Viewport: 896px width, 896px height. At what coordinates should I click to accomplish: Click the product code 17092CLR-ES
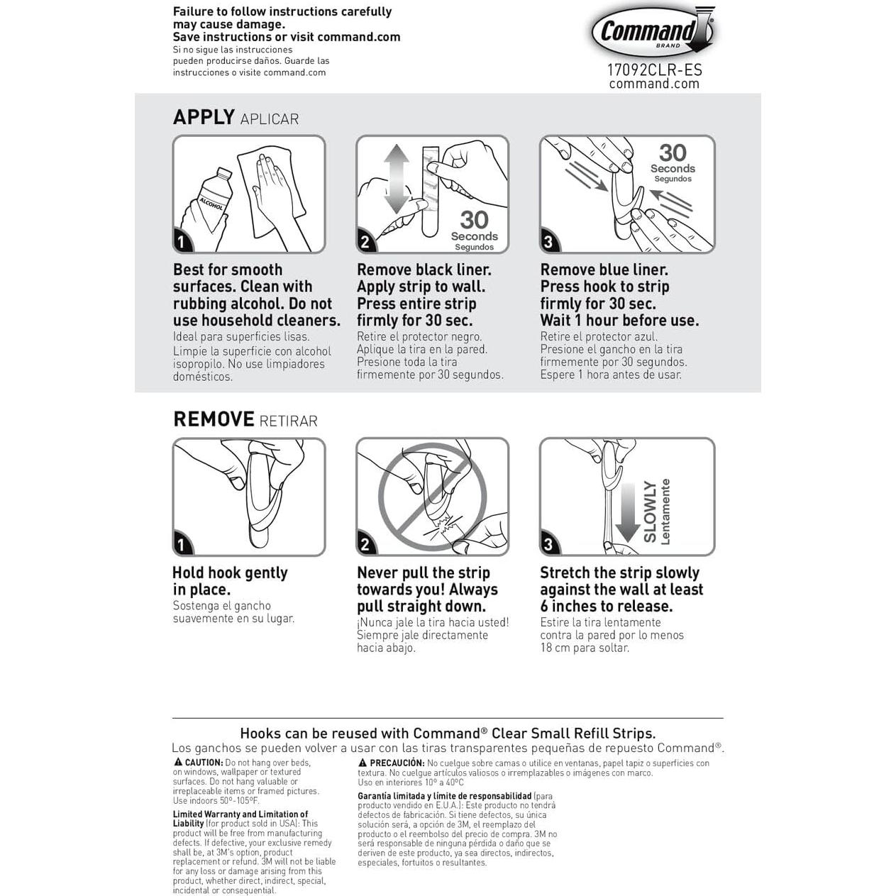(x=654, y=70)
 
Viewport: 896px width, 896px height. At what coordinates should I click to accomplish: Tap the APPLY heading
(x=204, y=117)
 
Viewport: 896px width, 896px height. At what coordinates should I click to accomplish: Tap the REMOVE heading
(x=214, y=419)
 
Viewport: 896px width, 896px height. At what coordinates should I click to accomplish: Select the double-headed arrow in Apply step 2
(x=397, y=179)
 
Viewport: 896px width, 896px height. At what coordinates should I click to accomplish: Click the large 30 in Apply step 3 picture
(x=673, y=153)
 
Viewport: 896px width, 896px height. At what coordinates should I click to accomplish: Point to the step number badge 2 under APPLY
(x=365, y=242)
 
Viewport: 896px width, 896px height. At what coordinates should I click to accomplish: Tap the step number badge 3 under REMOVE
(x=548, y=544)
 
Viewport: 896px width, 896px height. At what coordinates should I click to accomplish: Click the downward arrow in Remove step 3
(x=627, y=512)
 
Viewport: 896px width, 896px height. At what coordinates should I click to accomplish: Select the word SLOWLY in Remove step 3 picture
(x=650, y=511)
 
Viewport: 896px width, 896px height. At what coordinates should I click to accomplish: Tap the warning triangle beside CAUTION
(x=178, y=762)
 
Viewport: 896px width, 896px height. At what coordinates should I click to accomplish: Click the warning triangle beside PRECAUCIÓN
(x=363, y=763)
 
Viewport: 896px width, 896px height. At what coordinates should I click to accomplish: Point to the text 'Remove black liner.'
(x=424, y=270)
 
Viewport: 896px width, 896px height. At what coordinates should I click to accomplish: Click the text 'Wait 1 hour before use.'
(x=619, y=321)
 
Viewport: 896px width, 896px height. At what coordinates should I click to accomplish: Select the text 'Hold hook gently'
(x=230, y=573)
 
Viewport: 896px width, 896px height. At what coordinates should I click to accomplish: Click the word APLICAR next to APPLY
(x=270, y=119)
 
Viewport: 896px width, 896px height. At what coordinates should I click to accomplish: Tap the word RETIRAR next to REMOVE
(x=288, y=421)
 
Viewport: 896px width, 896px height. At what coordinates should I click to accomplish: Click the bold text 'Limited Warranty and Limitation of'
(x=240, y=814)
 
